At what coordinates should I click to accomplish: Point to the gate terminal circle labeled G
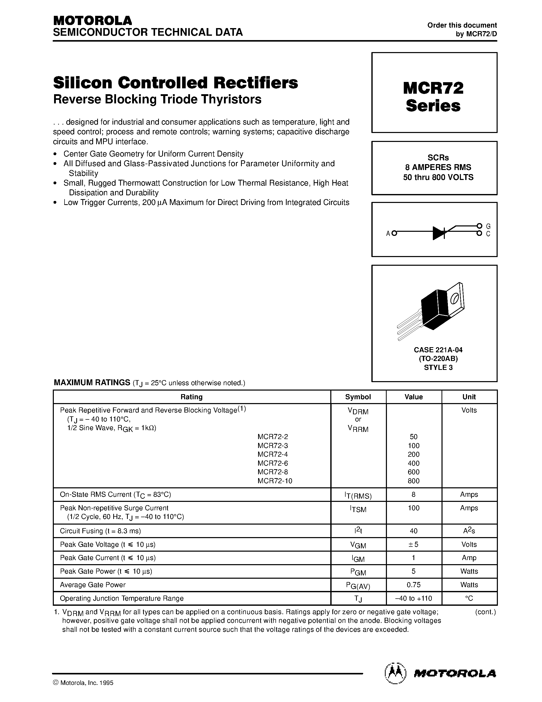pos(479,226)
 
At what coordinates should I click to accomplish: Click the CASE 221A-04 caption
pos(438,350)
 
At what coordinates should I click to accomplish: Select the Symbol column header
pos(358,397)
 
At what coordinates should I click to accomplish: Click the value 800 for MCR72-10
pos(413,481)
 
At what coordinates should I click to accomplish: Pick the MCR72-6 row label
pos(273,463)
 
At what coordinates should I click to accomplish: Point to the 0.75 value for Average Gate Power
pos(413,585)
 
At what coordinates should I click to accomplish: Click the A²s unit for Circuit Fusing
pos(469,531)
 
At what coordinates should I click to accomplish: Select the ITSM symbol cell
pos(358,509)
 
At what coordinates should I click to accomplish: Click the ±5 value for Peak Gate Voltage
pos(413,544)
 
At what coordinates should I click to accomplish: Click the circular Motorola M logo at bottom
pos(395,673)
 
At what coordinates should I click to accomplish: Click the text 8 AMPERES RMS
pos(438,167)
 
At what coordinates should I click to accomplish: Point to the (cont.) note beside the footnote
pos(485,612)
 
